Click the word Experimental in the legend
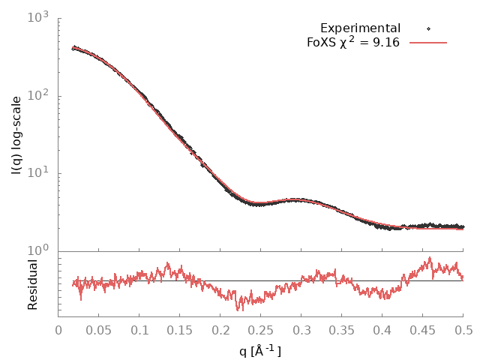coord(360,28)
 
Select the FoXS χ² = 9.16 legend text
coord(352,42)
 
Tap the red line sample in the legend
coord(428,43)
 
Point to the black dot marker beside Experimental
coord(428,29)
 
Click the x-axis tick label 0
coord(58,328)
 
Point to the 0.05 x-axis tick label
coord(99,328)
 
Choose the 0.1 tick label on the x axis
coord(139,328)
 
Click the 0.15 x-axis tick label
coord(180,328)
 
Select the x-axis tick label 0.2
coord(220,328)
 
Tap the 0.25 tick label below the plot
coord(261,328)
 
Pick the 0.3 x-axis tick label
coord(301,328)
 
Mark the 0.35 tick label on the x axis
coord(342,328)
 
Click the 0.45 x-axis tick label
coord(423,328)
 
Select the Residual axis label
coord(32,285)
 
